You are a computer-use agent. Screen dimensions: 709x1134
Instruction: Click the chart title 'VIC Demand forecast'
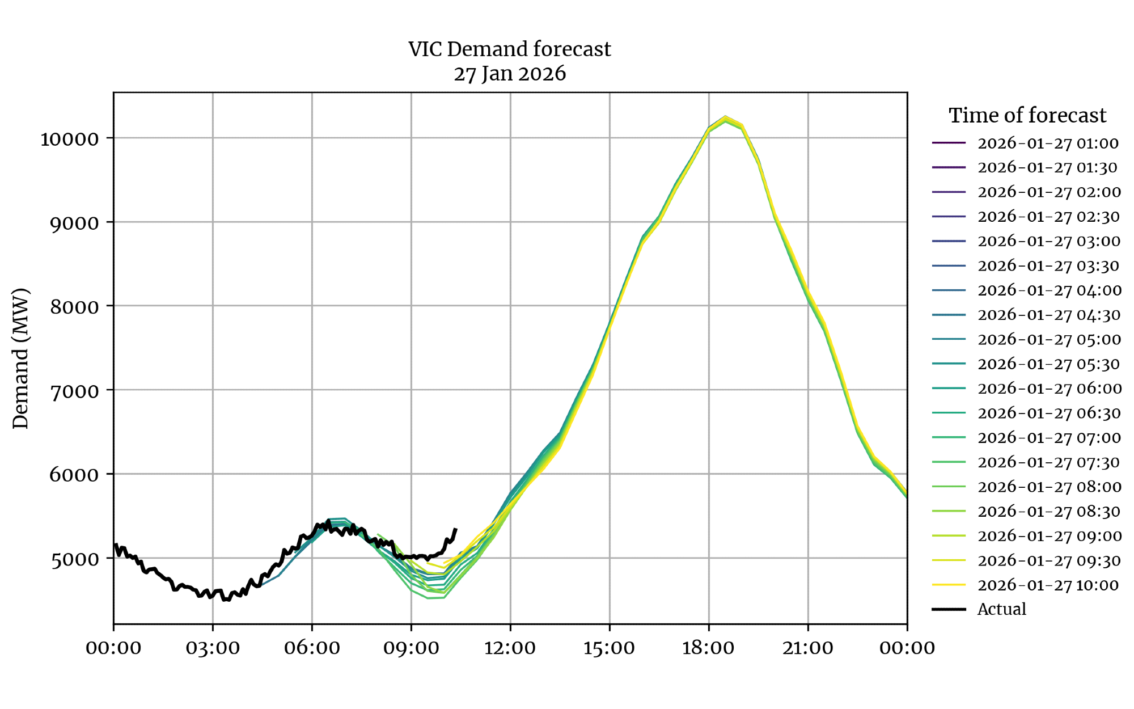tap(509, 49)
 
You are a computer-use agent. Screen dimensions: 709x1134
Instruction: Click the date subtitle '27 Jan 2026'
tap(509, 74)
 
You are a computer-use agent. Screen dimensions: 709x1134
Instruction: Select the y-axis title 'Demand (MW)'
tap(20, 358)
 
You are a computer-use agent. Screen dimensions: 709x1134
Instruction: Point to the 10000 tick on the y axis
tap(69, 139)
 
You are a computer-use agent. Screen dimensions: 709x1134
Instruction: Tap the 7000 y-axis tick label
tap(74, 391)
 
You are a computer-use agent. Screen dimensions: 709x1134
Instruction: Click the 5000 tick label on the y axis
tap(74, 559)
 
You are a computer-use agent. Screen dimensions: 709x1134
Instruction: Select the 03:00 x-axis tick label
tap(213, 648)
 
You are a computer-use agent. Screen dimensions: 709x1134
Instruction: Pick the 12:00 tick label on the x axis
tap(510, 648)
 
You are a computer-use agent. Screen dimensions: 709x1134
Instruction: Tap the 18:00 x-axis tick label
tap(708, 648)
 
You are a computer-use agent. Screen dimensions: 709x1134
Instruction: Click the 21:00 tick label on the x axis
tap(807, 648)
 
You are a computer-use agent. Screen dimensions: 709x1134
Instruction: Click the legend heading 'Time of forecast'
tap(1027, 115)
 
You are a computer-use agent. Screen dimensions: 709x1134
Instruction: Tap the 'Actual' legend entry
tap(1001, 609)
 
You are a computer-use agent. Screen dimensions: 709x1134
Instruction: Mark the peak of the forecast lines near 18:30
tap(725, 117)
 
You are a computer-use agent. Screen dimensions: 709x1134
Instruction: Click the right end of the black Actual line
tap(456, 529)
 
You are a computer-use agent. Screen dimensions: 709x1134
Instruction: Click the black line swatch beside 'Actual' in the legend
tap(949, 609)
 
